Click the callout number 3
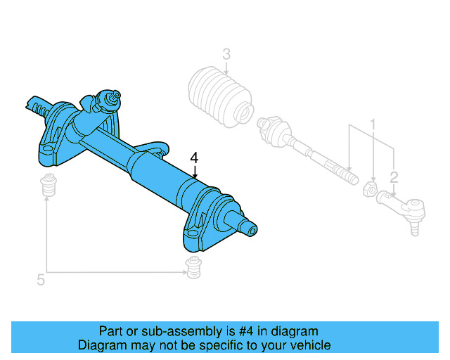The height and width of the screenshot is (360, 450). pyautogui.click(x=226, y=54)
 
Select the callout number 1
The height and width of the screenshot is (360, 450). pyautogui.click(x=373, y=124)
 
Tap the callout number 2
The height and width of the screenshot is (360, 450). pyautogui.click(x=394, y=176)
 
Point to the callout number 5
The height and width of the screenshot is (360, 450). pyautogui.click(x=41, y=281)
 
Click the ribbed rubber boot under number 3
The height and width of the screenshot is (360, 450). pyautogui.click(x=219, y=98)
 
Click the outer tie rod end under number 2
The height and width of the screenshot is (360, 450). pyautogui.click(x=408, y=207)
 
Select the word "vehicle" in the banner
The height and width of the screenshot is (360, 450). pyautogui.click(x=309, y=345)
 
